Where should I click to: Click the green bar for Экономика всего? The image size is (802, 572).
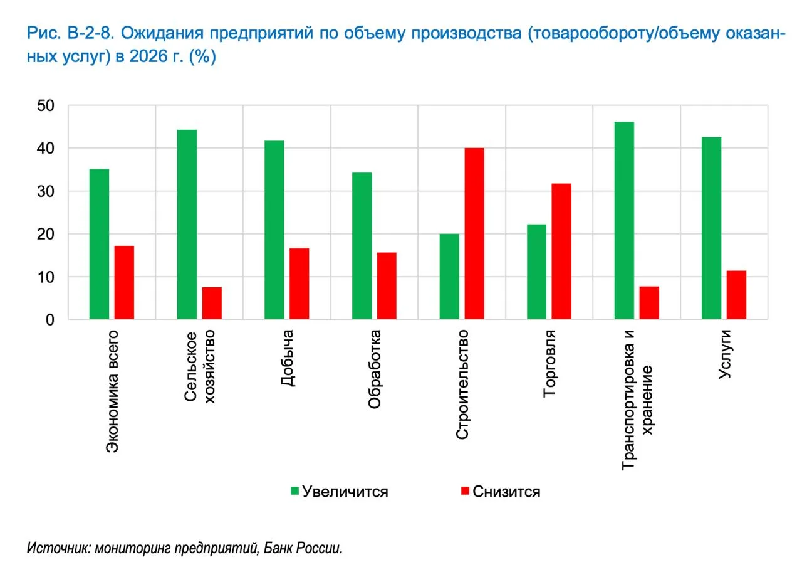pyautogui.click(x=99, y=245)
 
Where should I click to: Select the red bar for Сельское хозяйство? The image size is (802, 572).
pyautogui.click(x=212, y=304)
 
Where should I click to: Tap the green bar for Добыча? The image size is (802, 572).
pyautogui.click(x=274, y=230)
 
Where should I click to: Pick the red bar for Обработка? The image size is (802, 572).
pyautogui.click(x=387, y=286)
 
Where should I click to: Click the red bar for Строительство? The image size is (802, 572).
pyautogui.click(x=474, y=234)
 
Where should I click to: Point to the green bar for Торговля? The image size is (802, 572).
pyautogui.click(x=536, y=272)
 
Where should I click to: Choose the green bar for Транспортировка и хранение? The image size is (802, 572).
pyautogui.click(x=624, y=221)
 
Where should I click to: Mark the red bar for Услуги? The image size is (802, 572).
pyautogui.click(x=736, y=295)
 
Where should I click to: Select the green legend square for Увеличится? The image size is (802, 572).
pyautogui.click(x=294, y=491)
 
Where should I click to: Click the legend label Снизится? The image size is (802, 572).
pyautogui.click(x=506, y=491)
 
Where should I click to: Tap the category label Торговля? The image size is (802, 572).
pyautogui.click(x=549, y=364)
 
